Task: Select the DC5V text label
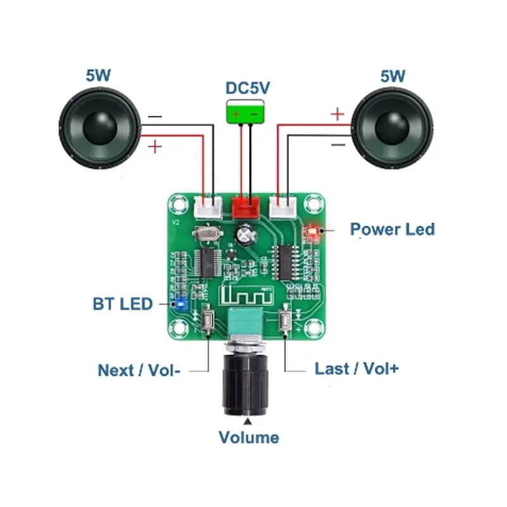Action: pyautogui.click(x=248, y=89)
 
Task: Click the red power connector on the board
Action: pyautogui.click(x=247, y=205)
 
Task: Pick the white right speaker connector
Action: pyautogui.click(x=283, y=206)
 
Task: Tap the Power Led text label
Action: pyautogui.click(x=392, y=229)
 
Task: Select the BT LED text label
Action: pyautogui.click(x=123, y=304)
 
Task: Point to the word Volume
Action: pyautogui.click(x=248, y=437)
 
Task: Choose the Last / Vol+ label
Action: pyautogui.click(x=357, y=368)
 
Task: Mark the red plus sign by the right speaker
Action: pyautogui.click(x=338, y=114)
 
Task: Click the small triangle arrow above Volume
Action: pyautogui.click(x=248, y=421)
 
